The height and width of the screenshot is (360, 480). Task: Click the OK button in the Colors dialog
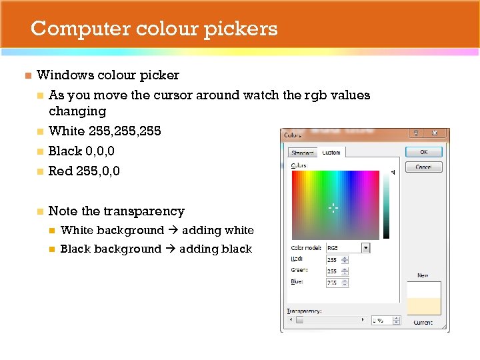pos(424,152)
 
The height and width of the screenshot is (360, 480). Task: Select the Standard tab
pos(303,153)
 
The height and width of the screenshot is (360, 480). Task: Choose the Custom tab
pos(331,153)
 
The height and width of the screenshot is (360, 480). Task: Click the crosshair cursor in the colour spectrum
pos(333,208)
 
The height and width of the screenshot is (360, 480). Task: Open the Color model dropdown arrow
pos(365,247)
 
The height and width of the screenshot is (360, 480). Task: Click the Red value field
pos(336,259)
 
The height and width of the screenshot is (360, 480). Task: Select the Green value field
pos(336,271)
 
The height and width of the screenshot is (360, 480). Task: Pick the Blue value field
pos(336,282)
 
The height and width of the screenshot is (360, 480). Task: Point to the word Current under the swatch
pos(423,323)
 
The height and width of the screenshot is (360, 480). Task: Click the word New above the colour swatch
pos(423,275)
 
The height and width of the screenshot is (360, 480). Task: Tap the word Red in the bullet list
pos(60,171)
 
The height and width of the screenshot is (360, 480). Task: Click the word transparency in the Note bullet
pos(143,211)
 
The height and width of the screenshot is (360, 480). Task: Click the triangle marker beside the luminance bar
pos(393,173)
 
